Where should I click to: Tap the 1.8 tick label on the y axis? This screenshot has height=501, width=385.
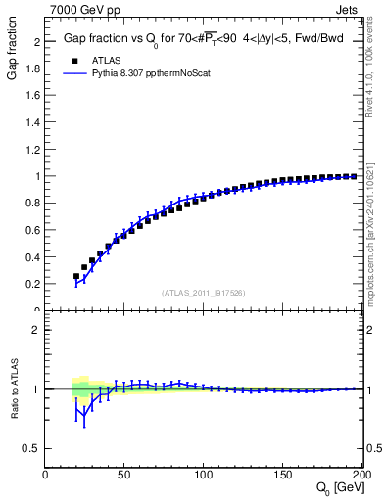[32, 69]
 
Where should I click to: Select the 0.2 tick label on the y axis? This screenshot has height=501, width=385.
[32, 284]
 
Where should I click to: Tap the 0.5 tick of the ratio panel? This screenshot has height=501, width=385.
[32, 448]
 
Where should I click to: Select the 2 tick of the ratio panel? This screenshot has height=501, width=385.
[36, 330]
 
